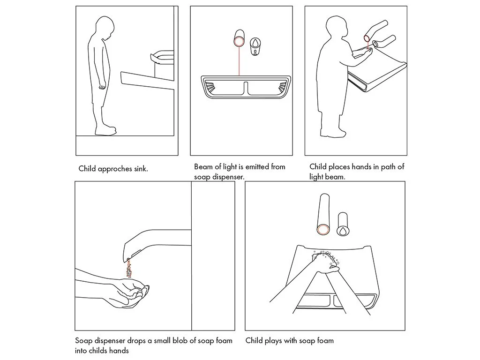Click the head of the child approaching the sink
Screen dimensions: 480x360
click(104, 28)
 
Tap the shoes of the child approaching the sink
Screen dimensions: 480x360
click(105, 131)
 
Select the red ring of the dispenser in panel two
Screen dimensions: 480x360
click(239, 41)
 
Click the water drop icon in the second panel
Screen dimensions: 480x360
click(255, 43)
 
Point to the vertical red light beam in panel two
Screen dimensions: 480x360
click(239, 61)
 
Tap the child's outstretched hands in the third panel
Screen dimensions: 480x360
click(364, 53)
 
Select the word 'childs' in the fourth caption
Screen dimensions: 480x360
click(99, 351)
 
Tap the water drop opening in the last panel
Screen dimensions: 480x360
click(343, 231)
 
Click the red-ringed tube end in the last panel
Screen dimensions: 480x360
click(323, 230)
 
